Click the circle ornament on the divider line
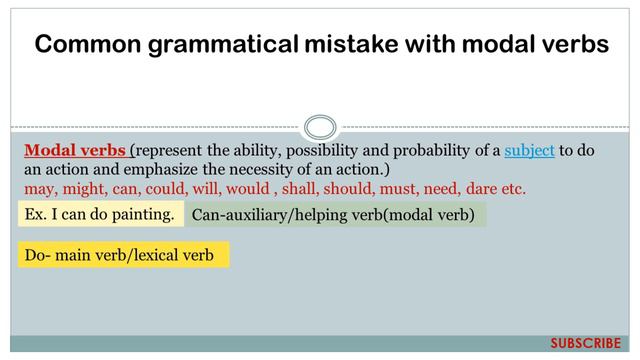click(319, 128)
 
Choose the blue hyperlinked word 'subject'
click(529, 151)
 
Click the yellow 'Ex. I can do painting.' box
click(100, 213)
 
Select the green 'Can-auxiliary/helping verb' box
click(334, 214)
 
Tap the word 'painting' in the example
click(144, 213)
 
